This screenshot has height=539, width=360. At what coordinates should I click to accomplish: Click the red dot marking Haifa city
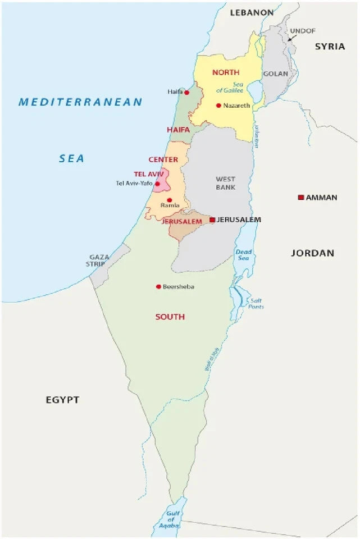(x=187, y=92)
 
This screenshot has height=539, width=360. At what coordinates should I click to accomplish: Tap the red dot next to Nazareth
(x=218, y=105)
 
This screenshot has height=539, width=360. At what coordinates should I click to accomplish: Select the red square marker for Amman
(x=301, y=197)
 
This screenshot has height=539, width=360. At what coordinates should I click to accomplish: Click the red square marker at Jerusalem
(x=212, y=220)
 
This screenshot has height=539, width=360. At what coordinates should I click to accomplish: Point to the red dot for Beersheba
(x=158, y=286)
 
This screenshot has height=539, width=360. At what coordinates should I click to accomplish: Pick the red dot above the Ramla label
(x=169, y=200)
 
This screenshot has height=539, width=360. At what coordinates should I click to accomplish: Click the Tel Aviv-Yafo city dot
(x=157, y=184)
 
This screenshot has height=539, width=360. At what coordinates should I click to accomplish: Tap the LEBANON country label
(x=252, y=12)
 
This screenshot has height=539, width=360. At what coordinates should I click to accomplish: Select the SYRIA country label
(x=330, y=47)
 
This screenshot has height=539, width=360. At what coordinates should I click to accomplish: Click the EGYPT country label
(x=62, y=400)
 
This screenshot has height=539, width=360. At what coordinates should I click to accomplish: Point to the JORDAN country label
(x=312, y=253)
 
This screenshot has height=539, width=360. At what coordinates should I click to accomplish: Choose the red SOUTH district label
(x=170, y=317)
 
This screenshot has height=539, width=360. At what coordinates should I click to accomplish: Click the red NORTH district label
(x=226, y=72)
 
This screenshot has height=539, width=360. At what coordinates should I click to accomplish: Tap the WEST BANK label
(x=225, y=183)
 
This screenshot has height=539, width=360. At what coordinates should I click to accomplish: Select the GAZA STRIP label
(x=98, y=261)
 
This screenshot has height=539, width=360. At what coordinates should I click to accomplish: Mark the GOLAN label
(x=276, y=74)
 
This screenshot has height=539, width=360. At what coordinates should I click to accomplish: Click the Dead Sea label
(x=244, y=255)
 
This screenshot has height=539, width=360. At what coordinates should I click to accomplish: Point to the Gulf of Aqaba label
(x=171, y=519)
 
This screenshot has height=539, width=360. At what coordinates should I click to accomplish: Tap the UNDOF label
(x=303, y=31)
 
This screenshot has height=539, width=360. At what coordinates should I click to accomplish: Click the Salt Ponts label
(x=256, y=304)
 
